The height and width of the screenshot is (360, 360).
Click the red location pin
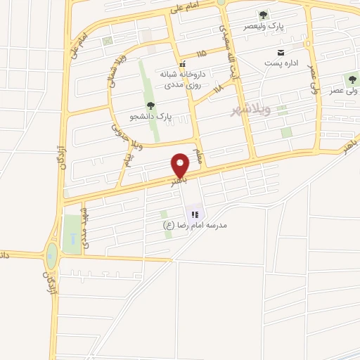(181, 165)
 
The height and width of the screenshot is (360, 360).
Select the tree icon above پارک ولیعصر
(263, 14)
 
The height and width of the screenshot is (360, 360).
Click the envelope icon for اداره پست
(281, 53)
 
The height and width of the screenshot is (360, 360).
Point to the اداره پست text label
(280, 64)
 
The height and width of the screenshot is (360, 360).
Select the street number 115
(203, 53)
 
